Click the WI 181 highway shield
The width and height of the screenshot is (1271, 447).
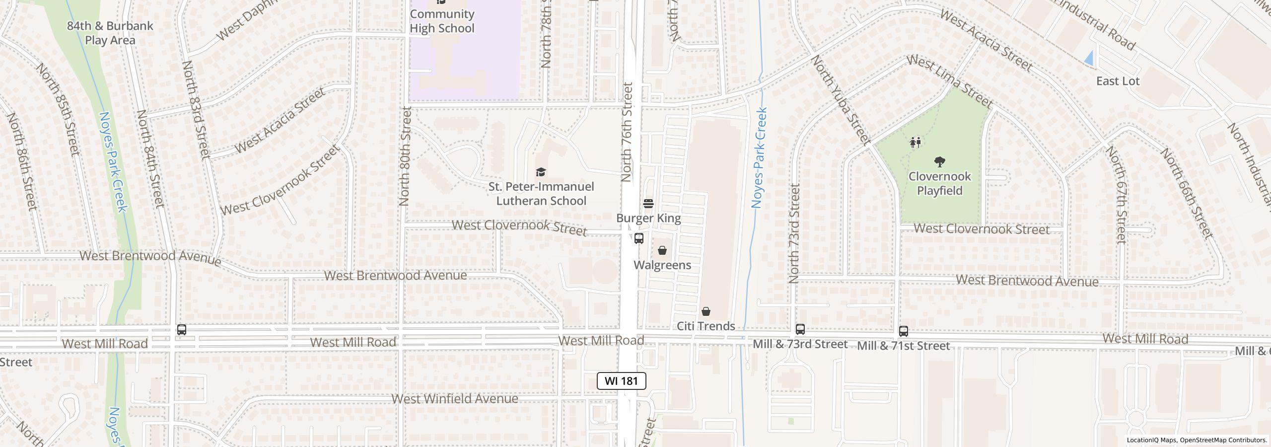pos(621,381)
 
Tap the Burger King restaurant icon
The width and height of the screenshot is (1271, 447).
pos(648,204)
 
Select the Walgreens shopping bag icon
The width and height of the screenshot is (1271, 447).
pos(662,250)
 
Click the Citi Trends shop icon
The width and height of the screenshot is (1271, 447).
pos(706,312)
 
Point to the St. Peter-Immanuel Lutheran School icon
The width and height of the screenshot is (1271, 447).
pos(541,172)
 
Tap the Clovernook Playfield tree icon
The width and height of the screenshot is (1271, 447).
pos(939,161)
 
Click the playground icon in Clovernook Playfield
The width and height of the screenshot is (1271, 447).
pos(915,143)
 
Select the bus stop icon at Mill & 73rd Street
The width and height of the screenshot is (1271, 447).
pos(800,329)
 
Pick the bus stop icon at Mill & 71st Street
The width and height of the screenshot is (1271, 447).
pos(903,331)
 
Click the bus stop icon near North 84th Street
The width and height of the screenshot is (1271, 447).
pos(182,329)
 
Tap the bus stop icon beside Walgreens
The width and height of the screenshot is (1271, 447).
pos(639,238)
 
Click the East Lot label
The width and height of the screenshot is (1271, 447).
pos(1118,81)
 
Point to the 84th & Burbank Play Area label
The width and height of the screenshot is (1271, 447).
pos(110,33)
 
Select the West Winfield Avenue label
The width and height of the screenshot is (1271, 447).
pos(455,399)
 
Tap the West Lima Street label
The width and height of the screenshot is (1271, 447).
pos(949,81)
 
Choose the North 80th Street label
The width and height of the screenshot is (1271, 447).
pos(405,156)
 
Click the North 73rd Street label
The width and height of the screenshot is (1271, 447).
pos(794,233)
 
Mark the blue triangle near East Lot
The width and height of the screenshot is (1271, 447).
pos(1089,58)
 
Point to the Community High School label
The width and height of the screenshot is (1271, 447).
pos(442,21)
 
